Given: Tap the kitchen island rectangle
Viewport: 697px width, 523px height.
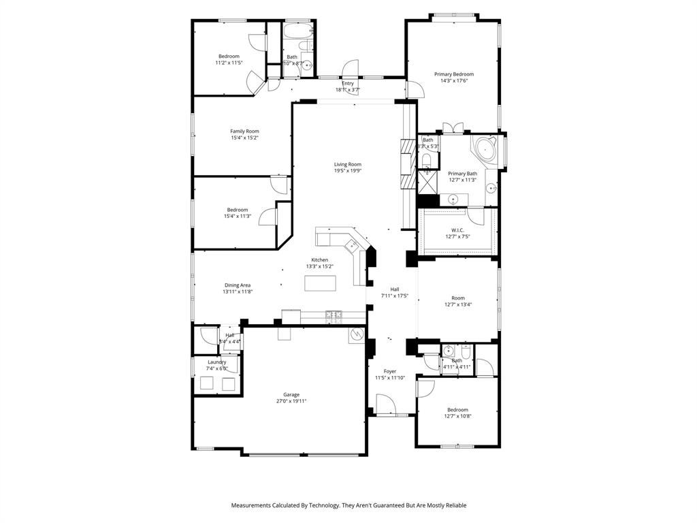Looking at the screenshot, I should tap(320, 283).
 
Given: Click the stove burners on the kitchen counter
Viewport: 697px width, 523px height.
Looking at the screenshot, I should tap(334, 315).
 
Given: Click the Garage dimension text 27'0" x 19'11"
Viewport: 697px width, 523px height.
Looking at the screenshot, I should tap(291, 401).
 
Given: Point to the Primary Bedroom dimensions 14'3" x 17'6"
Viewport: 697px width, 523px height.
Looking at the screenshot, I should tap(454, 81).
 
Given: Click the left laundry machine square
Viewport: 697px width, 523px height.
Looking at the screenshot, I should tap(206, 384).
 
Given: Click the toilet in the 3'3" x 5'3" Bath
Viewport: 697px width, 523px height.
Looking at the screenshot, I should tap(426, 161).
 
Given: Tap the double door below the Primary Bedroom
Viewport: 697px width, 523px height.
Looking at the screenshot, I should tap(453, 128).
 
